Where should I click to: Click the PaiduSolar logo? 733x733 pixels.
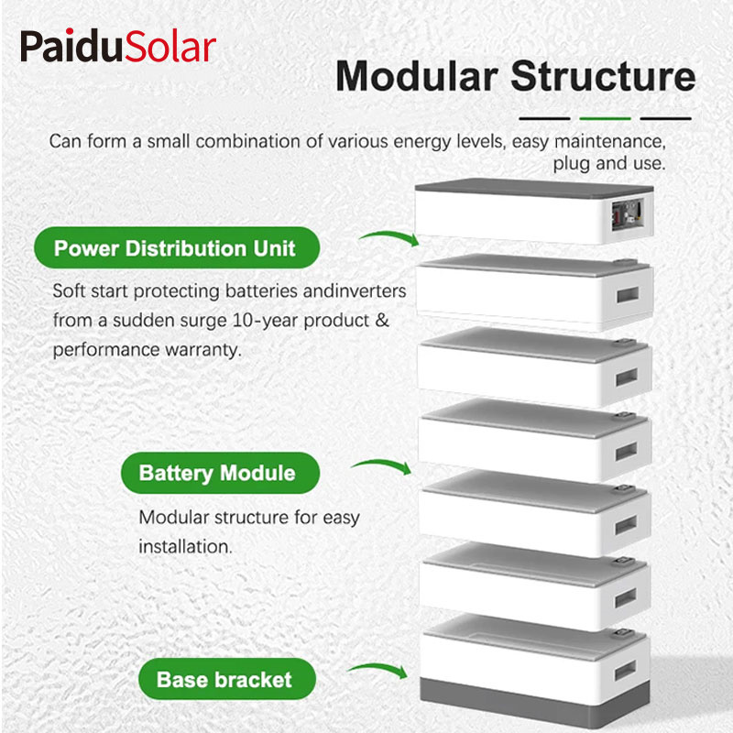click(118, 46)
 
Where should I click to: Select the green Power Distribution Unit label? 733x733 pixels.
click(175, 248)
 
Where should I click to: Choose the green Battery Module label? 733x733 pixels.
click(217, 474)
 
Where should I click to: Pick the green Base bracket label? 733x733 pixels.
click(224, 680)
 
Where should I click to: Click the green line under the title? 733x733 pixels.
click(605, 118)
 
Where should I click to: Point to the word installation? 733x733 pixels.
click(184, 546)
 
